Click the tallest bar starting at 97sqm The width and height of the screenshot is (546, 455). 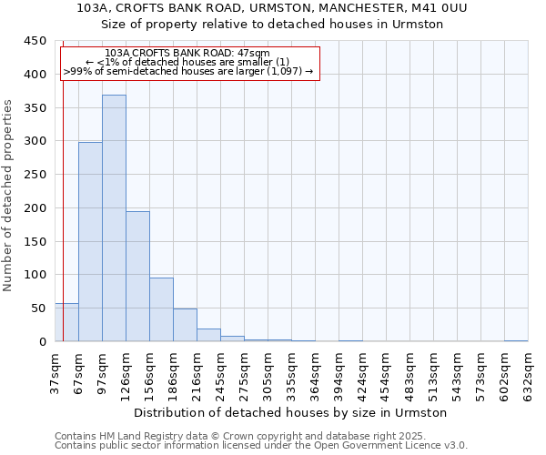(x=114, y=218)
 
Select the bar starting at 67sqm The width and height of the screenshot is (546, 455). (x=90, y=242)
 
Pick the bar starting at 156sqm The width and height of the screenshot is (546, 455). (x=161, y=309)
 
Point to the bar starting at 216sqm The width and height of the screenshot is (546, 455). (x=208, y=335)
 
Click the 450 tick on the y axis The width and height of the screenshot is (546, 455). (x=35, y=41)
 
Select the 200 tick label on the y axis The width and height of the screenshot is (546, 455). (x=35, y=208)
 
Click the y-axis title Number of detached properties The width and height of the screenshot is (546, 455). (x=9, y=196)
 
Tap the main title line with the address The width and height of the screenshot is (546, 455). (x=273, y=7)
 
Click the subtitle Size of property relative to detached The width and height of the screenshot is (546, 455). (x=273, y=24)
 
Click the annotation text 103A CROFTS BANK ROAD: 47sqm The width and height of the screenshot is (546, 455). (x=187, y=54)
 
